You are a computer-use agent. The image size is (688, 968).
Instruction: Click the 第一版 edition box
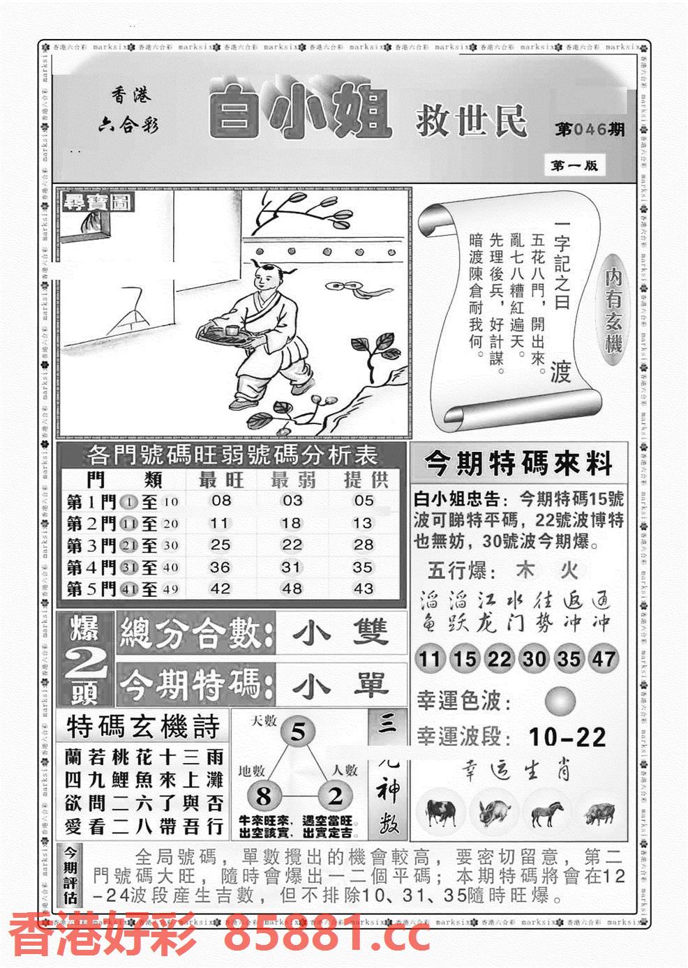574,165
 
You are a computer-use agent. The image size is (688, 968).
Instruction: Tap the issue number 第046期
590,130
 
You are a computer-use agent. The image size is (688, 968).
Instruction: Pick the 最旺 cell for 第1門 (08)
220,501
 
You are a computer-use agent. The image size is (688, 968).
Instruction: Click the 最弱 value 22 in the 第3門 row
292,545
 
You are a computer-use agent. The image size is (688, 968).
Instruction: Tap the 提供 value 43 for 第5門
364,589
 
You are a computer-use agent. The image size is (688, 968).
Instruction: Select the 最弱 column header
292,480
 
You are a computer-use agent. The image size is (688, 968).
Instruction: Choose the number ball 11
430,659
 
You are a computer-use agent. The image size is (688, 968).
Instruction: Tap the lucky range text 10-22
567,737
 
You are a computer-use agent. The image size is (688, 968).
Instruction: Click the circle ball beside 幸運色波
560,701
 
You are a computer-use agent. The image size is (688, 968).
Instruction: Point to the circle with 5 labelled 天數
298,732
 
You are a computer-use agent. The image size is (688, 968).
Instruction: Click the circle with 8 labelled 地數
263,796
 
